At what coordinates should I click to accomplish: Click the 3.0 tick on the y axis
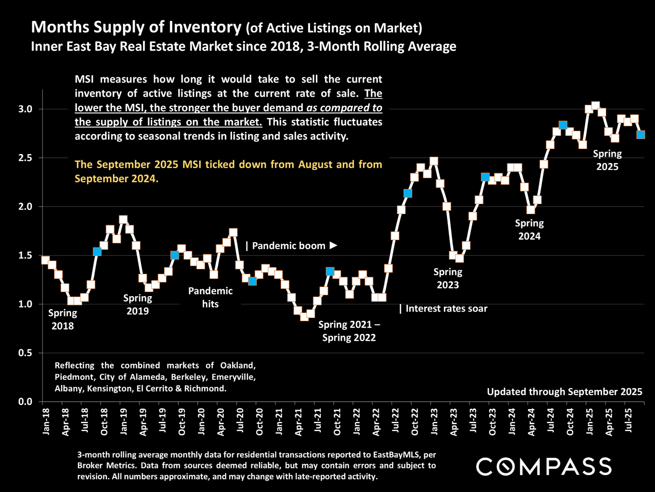(x=25, y=109)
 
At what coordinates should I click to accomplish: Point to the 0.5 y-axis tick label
(x=25, y=353)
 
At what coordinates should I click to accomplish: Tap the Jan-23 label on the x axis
(x=434, y=421)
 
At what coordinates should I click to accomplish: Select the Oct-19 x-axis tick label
(x=182, y=421)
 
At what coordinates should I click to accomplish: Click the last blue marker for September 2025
(x=640, y=134)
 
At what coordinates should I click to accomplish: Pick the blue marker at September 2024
(x=563, y=125)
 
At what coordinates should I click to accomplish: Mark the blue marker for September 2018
(x=97, y=251)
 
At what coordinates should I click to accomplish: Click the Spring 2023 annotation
(x=448, y=278)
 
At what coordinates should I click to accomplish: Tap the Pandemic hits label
(x=210, y=297)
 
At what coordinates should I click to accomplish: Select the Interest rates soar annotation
(x=446, y=309)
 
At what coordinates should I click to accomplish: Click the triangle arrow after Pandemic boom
(x=334, y=246)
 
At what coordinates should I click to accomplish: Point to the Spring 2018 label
(x=62, y=319)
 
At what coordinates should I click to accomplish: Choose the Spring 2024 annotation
(x=529, y=230)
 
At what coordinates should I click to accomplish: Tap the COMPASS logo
(x=543, y=466)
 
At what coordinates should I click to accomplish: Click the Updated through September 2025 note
(x=564, y=392)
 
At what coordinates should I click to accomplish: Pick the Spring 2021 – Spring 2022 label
(x=349, y=331)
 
